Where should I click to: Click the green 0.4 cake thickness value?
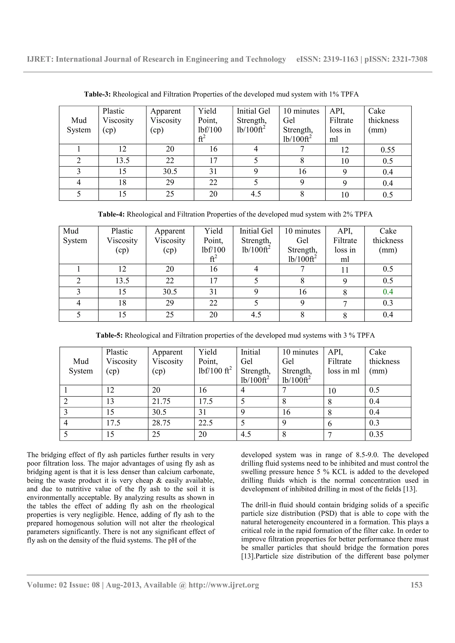pos(388,292)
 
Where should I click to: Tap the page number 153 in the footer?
pos(416,585)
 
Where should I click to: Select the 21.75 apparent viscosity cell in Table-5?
pos(161,402)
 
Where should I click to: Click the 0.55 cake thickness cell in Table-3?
pos(388,150)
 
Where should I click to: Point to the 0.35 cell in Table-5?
pos(376,434)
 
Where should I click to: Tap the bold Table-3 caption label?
pos(97,94)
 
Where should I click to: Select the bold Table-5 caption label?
pos(109,335)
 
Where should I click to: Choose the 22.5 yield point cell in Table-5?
pos(206,423)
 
